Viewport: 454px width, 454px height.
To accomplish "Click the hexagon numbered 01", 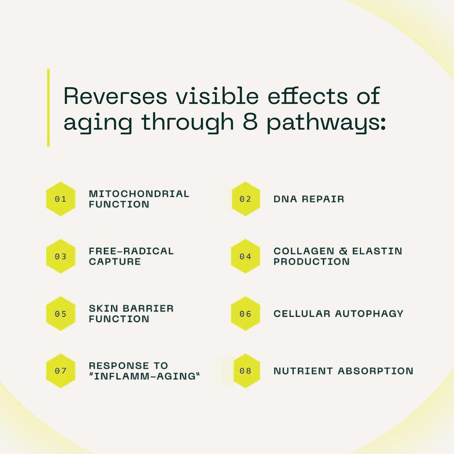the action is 61,199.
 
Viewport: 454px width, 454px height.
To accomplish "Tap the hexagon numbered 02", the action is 246,199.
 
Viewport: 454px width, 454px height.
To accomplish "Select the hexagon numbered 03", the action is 61,256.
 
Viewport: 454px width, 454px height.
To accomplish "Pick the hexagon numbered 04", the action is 246,256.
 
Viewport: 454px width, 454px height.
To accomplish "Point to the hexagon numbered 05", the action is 61,314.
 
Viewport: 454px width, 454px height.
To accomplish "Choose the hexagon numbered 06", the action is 246,314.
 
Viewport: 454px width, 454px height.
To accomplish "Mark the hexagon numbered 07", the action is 61,371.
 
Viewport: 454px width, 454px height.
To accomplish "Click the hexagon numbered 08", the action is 246,371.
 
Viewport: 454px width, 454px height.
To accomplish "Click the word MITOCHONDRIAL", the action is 139,194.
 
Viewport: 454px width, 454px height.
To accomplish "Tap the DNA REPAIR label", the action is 309,199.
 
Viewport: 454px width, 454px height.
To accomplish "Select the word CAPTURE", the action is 115,261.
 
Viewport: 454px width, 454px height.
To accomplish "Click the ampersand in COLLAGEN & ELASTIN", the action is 343,251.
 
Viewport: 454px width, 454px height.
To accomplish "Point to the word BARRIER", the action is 148,308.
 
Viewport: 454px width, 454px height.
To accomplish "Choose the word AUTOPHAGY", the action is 369,314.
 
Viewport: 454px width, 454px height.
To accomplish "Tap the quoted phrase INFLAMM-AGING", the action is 145,376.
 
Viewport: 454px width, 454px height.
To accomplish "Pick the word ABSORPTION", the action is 375,371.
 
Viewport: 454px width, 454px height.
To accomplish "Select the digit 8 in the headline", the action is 250,122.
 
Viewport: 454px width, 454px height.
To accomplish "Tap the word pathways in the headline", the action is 327,124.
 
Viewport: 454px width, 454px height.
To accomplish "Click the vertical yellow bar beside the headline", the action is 48,108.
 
